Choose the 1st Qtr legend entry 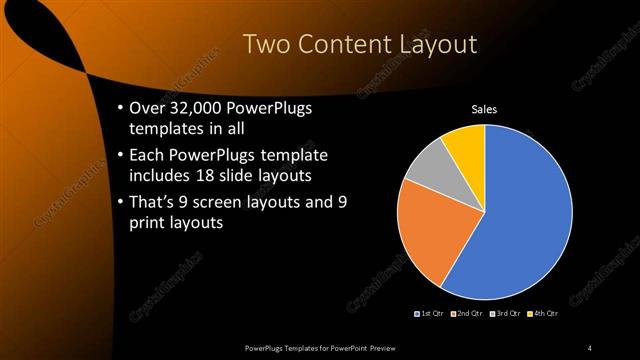click(432, 314)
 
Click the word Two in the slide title click(267, 43)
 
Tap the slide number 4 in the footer click(589, 347)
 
